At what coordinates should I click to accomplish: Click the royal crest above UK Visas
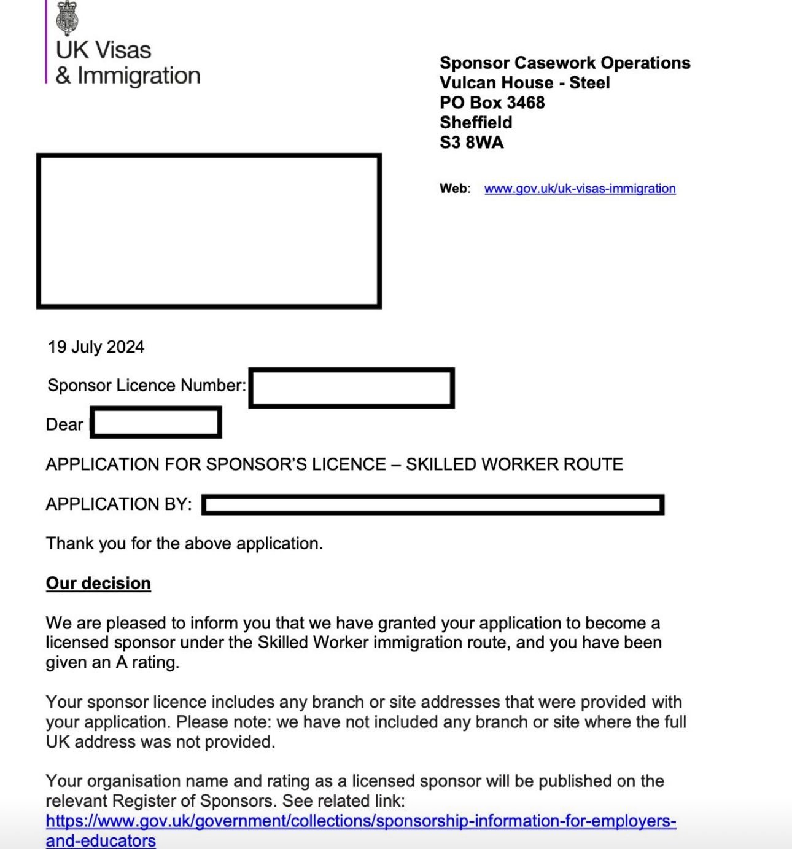tap(67, 17)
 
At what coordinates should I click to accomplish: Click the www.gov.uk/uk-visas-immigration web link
tap(580, 189)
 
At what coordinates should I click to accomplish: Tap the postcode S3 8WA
tap(472, 143)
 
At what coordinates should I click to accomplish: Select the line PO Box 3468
tap(492, 103)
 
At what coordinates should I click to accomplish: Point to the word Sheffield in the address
tap(476, 122)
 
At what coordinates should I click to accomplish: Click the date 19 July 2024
tap(96, 347)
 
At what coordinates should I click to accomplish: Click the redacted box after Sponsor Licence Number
tap(352, 388)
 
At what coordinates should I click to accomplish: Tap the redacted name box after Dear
tap(156, 423)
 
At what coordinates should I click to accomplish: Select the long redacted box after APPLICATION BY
tap(433, 505)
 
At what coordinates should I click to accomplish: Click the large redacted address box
tap(209, 231)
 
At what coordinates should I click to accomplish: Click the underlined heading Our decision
tap(98, 583)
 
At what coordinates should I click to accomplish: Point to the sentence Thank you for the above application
tap(184, 544)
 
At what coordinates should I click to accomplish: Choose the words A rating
tap(147, 662)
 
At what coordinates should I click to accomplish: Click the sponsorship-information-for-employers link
tap(360, 821)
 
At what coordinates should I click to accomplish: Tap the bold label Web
tap(454, 189)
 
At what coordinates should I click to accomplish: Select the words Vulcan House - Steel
tap(524, 83)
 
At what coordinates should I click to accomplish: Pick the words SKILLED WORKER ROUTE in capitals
tap(514, 464)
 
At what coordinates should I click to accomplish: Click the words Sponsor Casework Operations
tap(565, 63)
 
